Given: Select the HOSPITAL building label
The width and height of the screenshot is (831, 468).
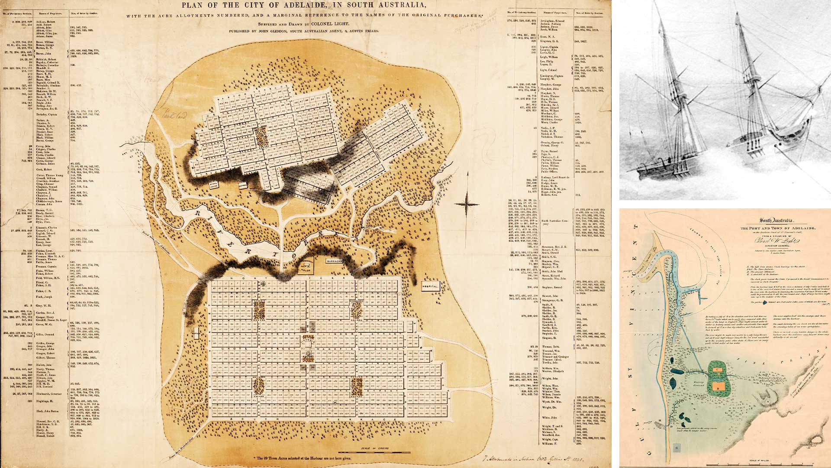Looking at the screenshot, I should tap(431, 287).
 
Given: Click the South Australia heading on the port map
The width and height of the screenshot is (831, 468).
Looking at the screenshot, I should tap(777, 221).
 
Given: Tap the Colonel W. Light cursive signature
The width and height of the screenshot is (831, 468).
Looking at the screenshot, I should tap(777, 241).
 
